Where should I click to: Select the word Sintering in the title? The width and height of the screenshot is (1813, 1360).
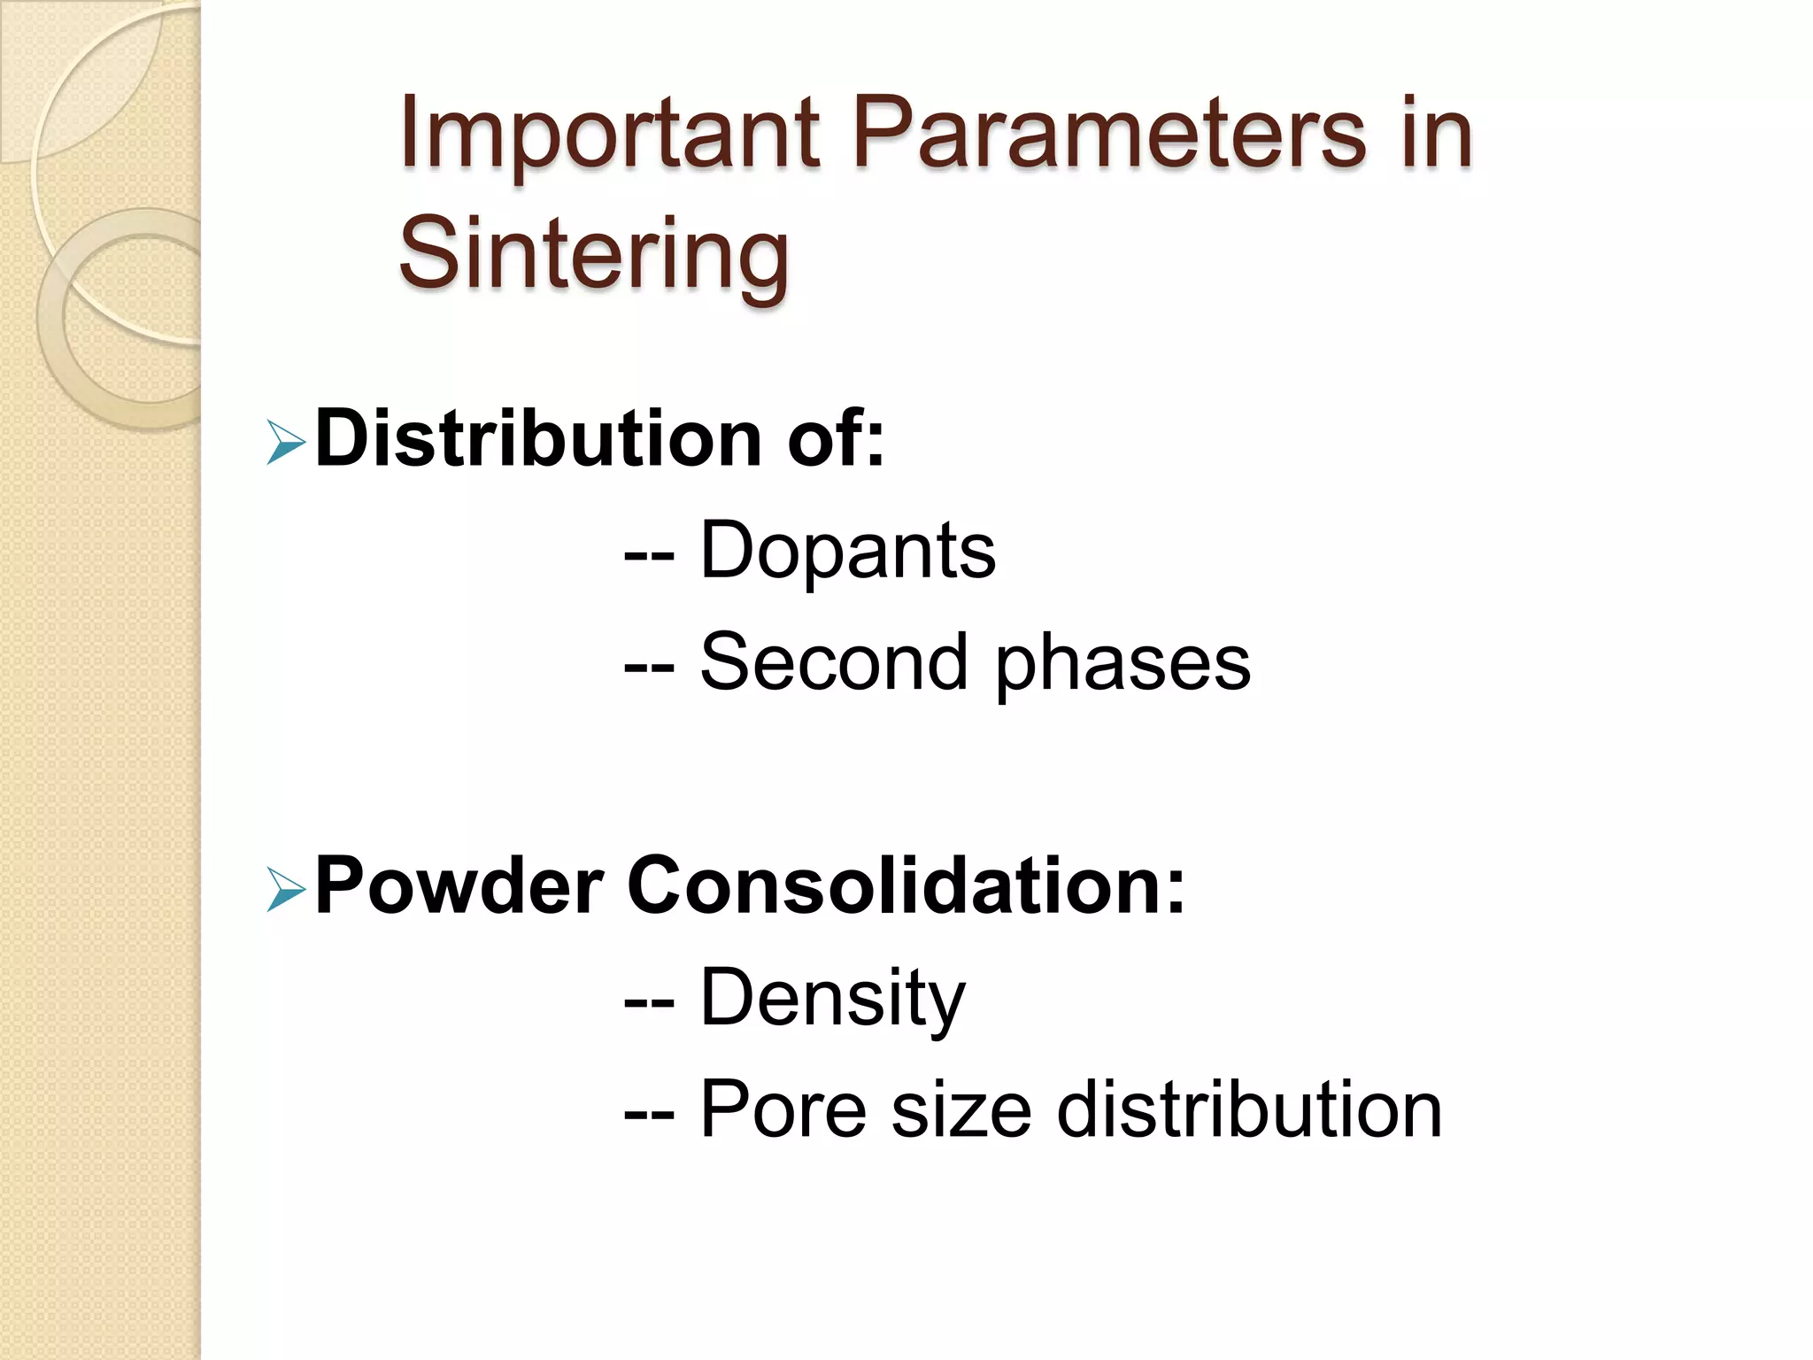[x=593, y=254]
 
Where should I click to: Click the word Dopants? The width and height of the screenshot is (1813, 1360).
[x=847, y=552]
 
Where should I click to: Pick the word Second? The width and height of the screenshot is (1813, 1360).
[x=833, y=662]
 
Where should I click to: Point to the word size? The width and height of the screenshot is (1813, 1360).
[x=961, y=1110]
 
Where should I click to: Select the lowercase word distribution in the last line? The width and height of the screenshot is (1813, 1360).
[x=1249, y=1110]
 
